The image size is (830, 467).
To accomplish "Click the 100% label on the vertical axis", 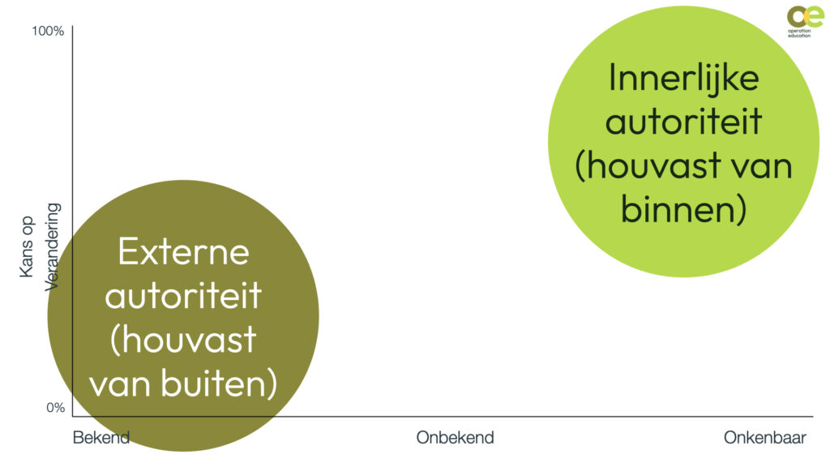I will [48, 32].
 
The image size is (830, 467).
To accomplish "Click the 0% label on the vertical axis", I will [54, 408].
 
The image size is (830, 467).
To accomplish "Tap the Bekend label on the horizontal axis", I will [101, 438].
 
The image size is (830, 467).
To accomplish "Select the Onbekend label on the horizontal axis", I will [455, 438].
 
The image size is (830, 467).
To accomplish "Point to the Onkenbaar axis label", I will [764, 438].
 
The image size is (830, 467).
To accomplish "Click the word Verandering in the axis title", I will [53, 246].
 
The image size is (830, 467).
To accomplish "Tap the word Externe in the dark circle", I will [183, 251].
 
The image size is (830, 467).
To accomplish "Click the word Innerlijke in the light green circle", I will [683, 78].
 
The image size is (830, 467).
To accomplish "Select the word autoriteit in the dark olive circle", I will [183, 296].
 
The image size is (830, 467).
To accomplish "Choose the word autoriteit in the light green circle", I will [683, 122].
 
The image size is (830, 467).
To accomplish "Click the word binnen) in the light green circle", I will [683, 210].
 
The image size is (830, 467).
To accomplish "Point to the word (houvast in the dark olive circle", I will [183, 340].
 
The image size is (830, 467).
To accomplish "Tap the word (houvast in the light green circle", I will [647, 166].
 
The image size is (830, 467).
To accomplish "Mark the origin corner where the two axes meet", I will [72, 417].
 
